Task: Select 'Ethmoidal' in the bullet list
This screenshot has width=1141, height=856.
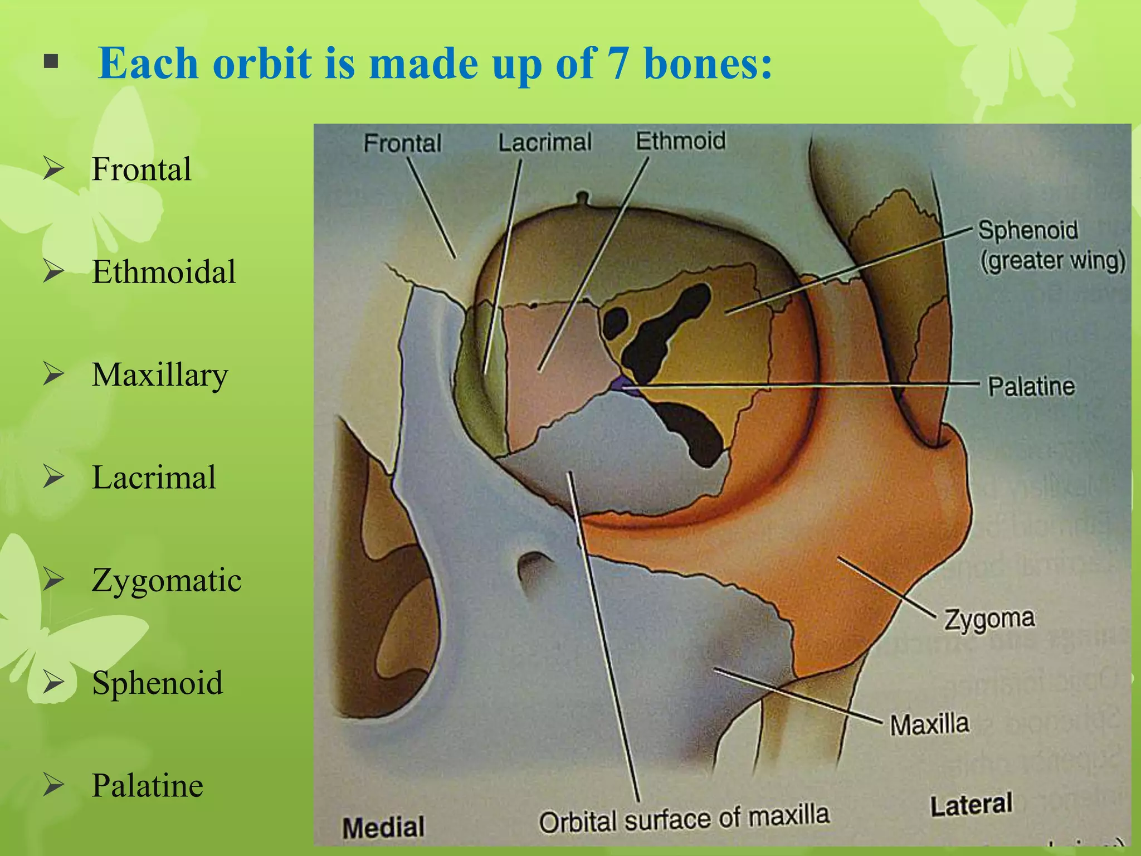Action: [164, 272]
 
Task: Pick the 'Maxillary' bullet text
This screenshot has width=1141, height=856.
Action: [160, 375]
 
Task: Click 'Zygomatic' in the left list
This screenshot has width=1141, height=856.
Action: [167, 580]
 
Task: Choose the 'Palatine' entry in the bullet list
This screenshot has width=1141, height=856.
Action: [148, 786]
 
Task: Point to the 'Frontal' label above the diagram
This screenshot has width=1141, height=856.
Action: [402, 143]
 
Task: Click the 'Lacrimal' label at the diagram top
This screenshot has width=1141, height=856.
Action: [545, 142]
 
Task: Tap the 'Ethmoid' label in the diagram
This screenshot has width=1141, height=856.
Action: [681, 140]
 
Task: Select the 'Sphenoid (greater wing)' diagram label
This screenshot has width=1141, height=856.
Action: [1051, 245]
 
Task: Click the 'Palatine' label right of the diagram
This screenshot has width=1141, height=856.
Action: [1031, 386]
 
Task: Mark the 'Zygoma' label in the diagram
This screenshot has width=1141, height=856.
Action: [989, 619]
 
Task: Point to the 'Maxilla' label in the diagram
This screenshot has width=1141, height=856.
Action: [929, 724]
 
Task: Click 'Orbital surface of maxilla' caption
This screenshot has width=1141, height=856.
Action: [684, 819]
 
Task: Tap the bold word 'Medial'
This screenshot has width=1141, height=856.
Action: [383, 827]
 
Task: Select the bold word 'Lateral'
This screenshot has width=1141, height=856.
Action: [971, 805]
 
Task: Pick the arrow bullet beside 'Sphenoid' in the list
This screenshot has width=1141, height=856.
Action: [54, 683]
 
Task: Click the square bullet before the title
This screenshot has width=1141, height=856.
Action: [51, 61]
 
